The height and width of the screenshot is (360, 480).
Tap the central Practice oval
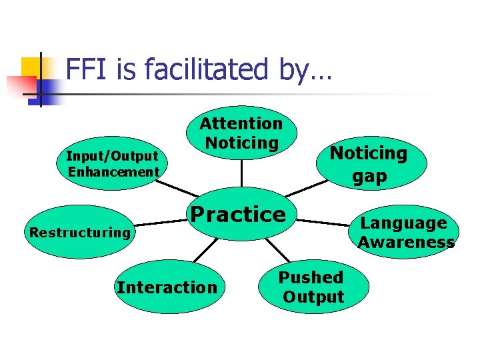click(x=238, y=215)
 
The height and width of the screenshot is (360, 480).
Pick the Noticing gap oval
click(x=369, y=164)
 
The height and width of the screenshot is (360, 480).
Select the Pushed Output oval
click(x=312, y=287)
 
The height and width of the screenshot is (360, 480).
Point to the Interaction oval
click(x=167, y=287)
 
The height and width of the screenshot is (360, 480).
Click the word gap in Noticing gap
click(x=369, y=175)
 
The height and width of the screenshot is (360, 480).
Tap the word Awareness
click(x=405, y=242)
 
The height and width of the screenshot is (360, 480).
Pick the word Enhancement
click(x=113, y=172)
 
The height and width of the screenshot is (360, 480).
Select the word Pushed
click(x=311, y=277)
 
